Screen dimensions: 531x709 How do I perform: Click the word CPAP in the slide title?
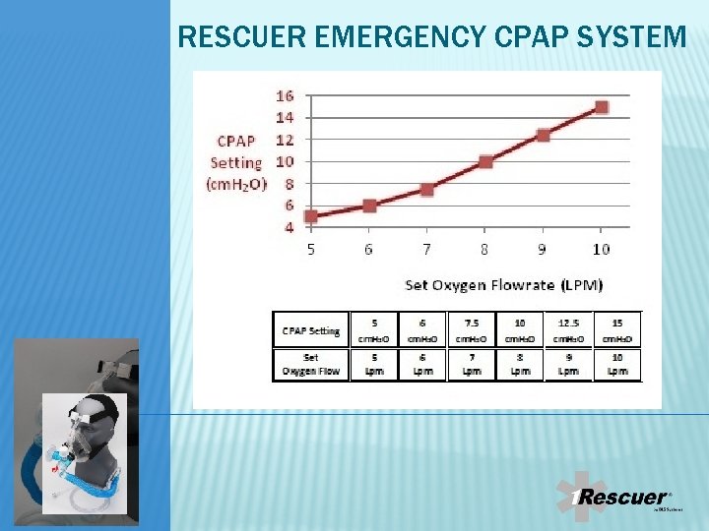528,37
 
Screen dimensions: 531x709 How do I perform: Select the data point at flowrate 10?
601,106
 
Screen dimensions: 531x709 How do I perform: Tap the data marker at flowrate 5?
311,216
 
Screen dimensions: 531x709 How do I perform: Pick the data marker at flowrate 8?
485,161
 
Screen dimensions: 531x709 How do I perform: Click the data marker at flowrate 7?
427,189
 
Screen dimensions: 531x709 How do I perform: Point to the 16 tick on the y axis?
285,95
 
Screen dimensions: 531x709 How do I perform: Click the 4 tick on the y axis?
289,227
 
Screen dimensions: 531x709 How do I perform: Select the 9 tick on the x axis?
543,250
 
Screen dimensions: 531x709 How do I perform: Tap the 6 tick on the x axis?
368,250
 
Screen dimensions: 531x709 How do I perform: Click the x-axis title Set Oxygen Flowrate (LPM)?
503,285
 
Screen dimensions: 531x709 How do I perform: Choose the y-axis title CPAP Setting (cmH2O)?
237,162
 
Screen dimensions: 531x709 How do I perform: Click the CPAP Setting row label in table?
310,330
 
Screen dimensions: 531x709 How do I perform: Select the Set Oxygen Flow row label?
310,364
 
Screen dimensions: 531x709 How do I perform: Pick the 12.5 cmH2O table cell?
568,330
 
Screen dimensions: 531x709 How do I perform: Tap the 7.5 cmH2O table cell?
472,330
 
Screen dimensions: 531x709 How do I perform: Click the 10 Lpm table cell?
616,364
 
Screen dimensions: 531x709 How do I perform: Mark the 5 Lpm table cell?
374,364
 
